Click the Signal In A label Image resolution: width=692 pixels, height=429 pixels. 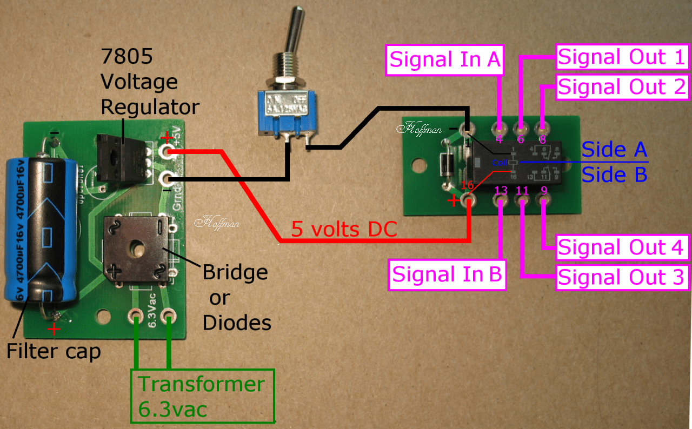click(x=445, y=59)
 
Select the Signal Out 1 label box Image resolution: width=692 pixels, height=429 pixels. click(x=622, y=57)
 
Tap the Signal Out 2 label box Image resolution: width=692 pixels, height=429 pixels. click(x=622, y=87)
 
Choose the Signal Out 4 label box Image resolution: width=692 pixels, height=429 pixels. click(x=622, y=247)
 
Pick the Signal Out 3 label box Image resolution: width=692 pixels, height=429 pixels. click(x=622, y=277)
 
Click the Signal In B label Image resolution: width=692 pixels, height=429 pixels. click(x=447, y=274)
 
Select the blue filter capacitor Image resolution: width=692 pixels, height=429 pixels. click(x=39, y=227)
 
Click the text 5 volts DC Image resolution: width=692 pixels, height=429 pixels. click(x=344, y=229)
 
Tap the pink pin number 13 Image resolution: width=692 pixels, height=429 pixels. click(x=501, y=191)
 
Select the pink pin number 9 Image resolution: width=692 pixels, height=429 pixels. click(x=543, y=191)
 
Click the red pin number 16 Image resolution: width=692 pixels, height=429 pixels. click(x=467, y=186)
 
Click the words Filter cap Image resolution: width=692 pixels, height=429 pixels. click(x=54, y=352)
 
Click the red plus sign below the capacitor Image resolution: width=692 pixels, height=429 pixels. click(x=54, y=329)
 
